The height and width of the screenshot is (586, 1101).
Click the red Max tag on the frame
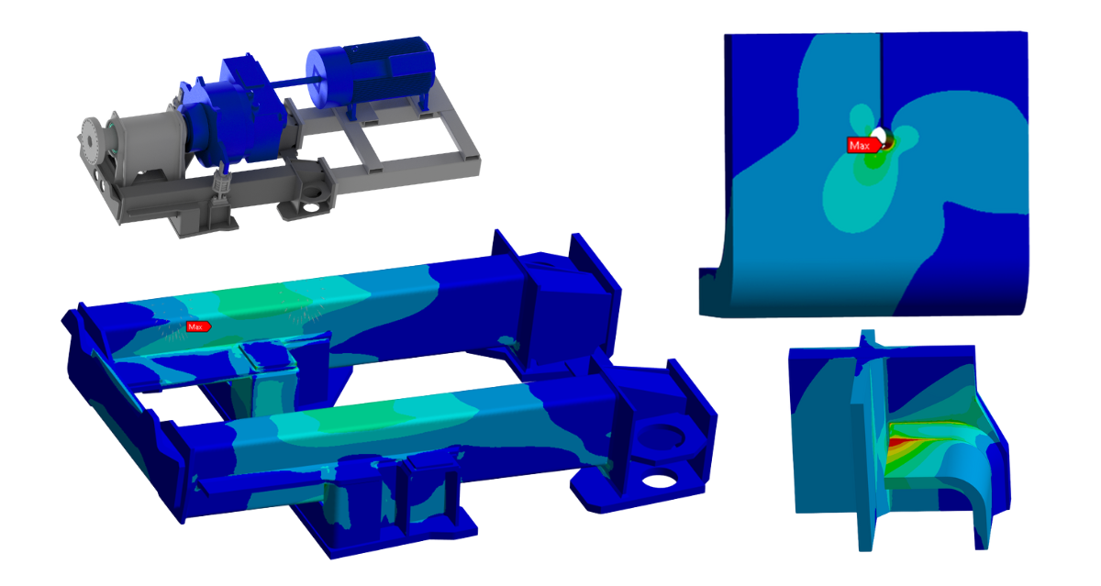[197, 326]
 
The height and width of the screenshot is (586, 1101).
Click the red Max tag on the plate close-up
[859, 145]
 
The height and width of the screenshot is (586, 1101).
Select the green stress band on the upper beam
[266, 302]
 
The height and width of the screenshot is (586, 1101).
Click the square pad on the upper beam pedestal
[267, 354]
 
